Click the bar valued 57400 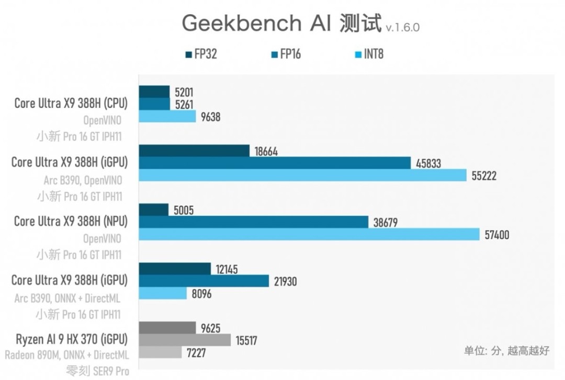coord(309,235)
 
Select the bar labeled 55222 coord(302,176)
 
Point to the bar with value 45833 coord(275,163)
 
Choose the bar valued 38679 coord(254,222)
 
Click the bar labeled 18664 coord(194,151)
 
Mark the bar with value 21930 coord(204,281)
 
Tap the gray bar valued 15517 coord(185,340)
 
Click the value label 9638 coord(210,117)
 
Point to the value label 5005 coord(184,210)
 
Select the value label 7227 coord(196,353)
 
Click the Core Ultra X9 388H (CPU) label coord(71,103)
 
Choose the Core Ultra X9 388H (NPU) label coord(71,221)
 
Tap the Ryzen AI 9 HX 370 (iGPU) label coord(71,339)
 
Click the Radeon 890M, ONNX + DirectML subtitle coord(67,355)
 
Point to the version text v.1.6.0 coord(402,28)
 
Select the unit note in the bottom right coord(506,351)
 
